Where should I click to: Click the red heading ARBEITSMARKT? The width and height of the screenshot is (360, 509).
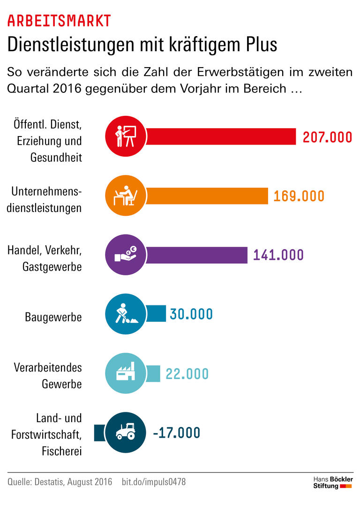tap(59, 21)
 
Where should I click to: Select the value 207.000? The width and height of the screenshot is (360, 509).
tap(327, 137)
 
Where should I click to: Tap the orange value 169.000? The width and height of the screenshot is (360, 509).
tap(299, 196)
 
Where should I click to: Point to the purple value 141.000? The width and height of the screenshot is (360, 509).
tap(278, 255)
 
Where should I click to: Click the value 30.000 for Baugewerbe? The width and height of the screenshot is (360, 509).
tap(191, 314)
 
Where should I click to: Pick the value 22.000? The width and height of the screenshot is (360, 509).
tap(187, 374)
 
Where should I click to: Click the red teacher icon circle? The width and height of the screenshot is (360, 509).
tap(125, 137)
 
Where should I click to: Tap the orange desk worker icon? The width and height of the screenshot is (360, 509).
tap(125, 196)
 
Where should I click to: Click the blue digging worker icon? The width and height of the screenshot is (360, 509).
tap(125, 314)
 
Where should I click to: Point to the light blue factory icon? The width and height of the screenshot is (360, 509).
tap(125, 373)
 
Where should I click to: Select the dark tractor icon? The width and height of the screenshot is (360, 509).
tap(125, 432)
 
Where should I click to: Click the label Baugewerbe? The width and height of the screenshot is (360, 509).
tap(53, 317)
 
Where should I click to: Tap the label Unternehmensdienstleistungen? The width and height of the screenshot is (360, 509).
tap(45, 200)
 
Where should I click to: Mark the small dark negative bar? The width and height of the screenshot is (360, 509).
tap(100, 432)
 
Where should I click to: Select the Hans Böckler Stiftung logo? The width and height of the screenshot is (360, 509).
tap(333, 482)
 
